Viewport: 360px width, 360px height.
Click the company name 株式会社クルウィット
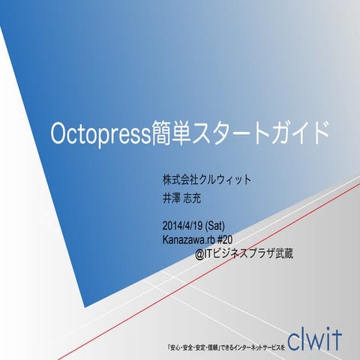click(x=206, y=181)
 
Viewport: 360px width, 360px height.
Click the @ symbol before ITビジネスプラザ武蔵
click(x=200, y=253)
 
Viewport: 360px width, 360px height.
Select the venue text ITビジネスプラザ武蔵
click(x=250, y=253)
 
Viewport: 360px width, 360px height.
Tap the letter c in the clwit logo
click(x=292, y=339)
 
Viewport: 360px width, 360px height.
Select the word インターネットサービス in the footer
click(x=252, y=347)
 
